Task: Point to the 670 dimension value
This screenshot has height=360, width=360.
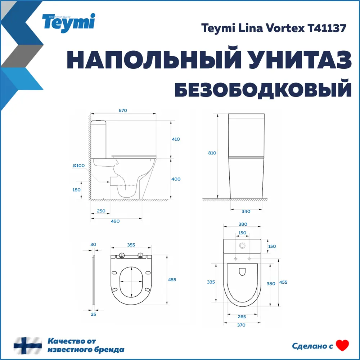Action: pyautogui.click(x=122, y=110)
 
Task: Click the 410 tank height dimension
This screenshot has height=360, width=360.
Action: pyautogui.click(x=176, y=139)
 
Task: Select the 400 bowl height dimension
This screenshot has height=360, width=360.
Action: pyautogui.click(x=176, y=179)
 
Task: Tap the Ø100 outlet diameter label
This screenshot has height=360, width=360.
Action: pyautogui.click(x=78, y=165)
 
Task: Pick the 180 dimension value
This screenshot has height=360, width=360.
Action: pyautogui.click(x=76, y=190)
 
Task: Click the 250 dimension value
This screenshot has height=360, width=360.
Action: pyautogui.click(x=101, y=211)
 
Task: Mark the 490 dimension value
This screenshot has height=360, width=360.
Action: pyautogui.click(x=115, y=221)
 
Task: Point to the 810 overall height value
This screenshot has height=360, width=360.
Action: pyautogui.click(x=212, y=153)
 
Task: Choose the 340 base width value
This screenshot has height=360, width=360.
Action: pyautogui.click(x=246, y=211)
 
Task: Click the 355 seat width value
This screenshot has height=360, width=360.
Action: pyautogui.click(x=131, y=245)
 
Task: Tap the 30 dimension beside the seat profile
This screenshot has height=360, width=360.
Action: pyautogui.click(x=93, y=244)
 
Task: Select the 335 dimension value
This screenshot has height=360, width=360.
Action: pyautogui.click(x=211, y=282)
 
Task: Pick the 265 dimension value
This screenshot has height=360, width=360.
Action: pyautogui.click(x=242, y=317)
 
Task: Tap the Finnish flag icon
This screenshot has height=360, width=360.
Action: pyautogui.click(x=28, y=346)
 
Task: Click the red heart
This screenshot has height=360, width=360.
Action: pyautogui.click(x=342, y=346)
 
